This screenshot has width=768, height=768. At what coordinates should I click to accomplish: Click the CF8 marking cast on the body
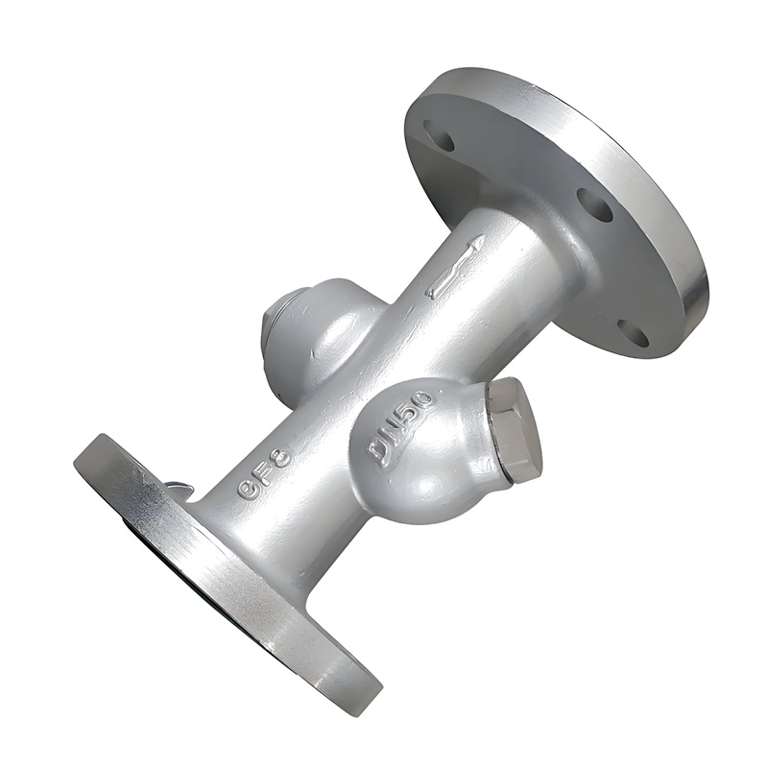264,473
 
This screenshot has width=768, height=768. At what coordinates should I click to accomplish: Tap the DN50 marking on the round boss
402,429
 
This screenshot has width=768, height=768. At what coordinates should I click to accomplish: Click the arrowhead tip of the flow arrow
478,240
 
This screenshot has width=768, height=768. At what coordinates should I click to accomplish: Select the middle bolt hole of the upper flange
594,204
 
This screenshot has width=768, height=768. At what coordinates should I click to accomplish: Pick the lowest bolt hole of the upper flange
633,332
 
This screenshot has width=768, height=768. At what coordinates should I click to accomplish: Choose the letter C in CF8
248,489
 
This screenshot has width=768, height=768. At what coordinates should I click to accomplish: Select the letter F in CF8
264,473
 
